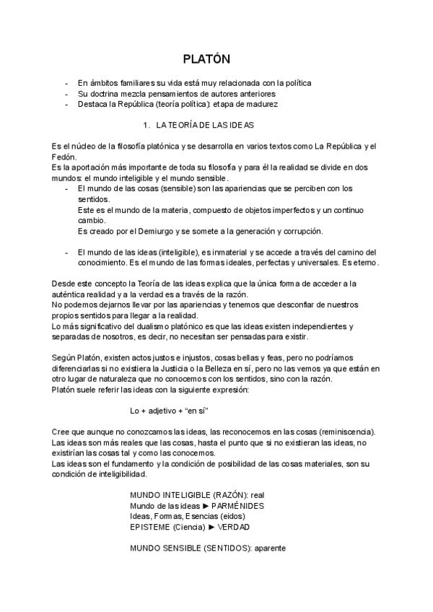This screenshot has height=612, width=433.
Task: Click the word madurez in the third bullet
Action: [x=260, y=104]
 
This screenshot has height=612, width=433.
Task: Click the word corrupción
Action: [x=301, y=231]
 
